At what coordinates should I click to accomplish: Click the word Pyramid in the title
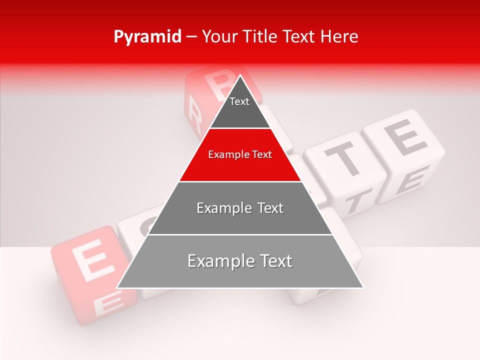click(x=147, y=37)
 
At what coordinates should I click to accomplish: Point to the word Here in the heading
click(x=339, y=36)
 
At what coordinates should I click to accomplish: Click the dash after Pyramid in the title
click(x=191, y=37)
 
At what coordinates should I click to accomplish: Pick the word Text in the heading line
click(x=300, y=36)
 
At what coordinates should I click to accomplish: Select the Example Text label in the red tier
click(x=240, y=154)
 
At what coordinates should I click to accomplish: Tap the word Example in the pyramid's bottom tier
click(x=220, y=261)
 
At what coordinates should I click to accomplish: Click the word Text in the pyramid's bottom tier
click(x=274, y=261)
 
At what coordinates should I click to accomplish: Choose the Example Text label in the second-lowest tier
click(x=240, y=208)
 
